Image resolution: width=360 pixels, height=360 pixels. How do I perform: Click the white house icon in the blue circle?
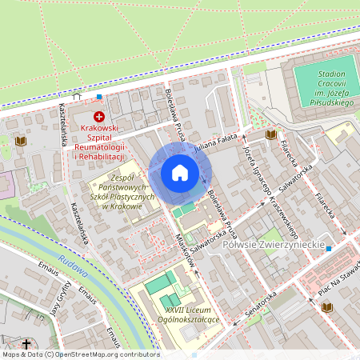tap(180, 172)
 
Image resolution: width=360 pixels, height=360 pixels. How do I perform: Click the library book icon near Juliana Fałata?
tap(270, 134)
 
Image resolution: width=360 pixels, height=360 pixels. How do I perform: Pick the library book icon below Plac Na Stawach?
tap(327, 307)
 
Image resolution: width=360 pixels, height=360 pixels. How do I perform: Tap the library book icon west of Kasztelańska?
tap(20, 142)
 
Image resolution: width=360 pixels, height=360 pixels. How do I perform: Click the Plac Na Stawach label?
tap(339, 292)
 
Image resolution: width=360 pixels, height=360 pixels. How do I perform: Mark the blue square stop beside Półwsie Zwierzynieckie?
tap(329, 249)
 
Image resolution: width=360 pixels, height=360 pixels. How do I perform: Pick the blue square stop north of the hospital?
tap(99, 97)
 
